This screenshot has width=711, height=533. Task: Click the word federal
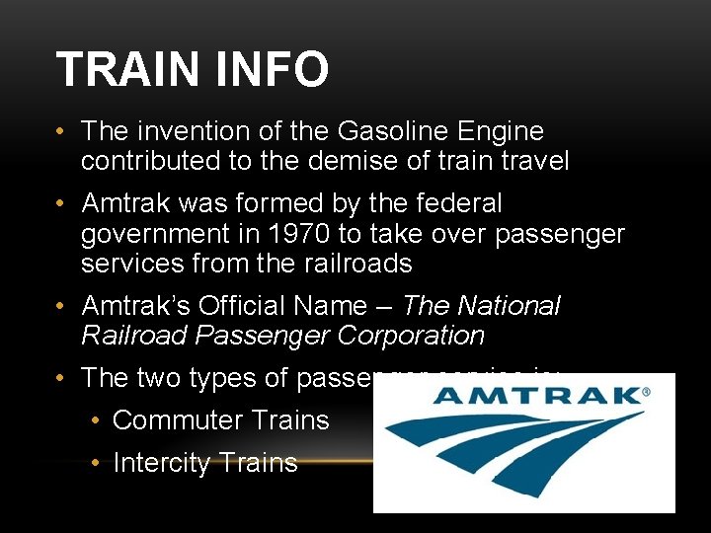pyautogui.click(x=455, y=204)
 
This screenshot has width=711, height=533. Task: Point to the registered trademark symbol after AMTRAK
pyautogui.click(x=647, y=392)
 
